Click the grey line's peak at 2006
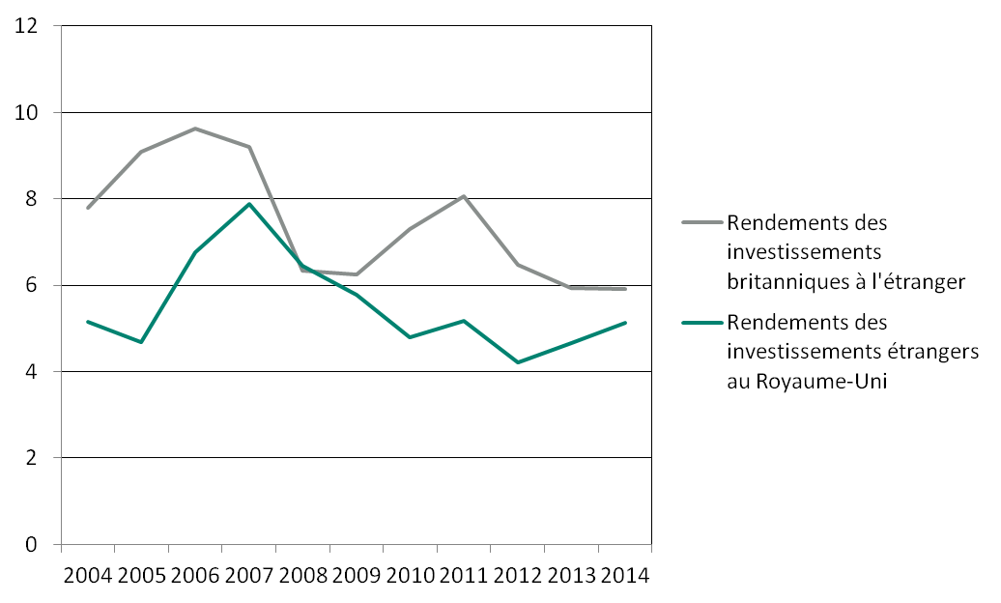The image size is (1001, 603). [x=195, y=129]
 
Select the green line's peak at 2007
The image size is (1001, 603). [x=249, y=204]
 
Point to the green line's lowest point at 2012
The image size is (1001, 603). [x=518, y=362]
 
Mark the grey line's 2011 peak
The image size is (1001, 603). [x=464, y=196]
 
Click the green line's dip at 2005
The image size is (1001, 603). [x=141, y=342]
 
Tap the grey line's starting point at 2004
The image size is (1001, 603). [x=88, y=208]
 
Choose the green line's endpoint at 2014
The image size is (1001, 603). [x=625, y=323]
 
